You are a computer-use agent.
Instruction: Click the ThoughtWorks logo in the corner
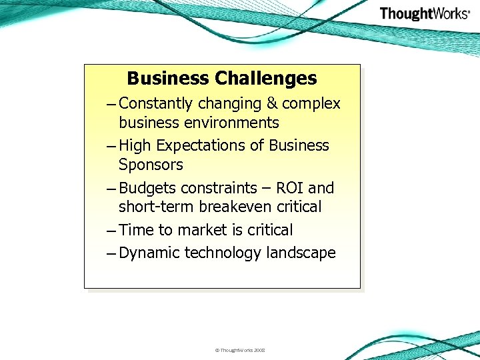(x=425, y=14)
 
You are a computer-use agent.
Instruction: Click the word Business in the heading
(x=167, y=79)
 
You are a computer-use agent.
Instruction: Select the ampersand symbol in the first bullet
(x=271, y=104)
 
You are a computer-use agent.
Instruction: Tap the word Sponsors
(x=151, y=165)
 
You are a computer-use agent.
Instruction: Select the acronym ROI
(x=287, y=188)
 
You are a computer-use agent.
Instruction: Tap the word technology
(x=223, y=253)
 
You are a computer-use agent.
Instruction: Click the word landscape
(x=301, y=253)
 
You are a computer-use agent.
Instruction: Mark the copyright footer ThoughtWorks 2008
(x=240, y=350)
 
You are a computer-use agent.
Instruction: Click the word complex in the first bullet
(x=311, y=104)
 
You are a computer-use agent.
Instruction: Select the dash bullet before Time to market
(x=111, y=231)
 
